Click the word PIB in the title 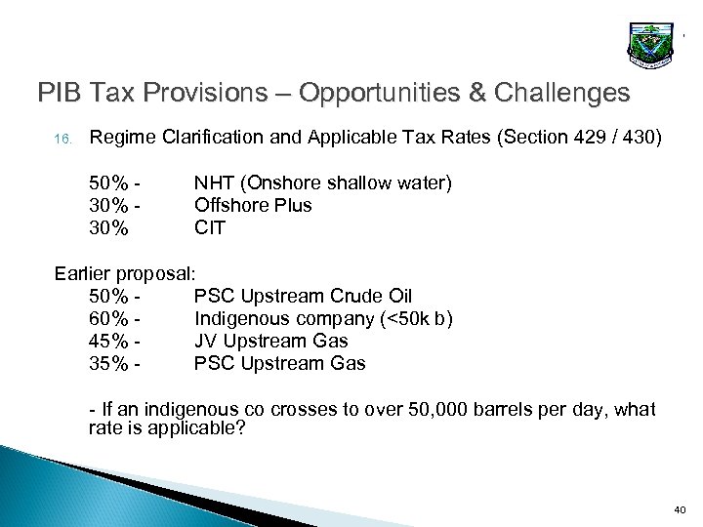pos(62,94)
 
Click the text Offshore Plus pos(253,206)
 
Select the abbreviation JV pos(207,341)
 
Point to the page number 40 pos(680,509)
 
